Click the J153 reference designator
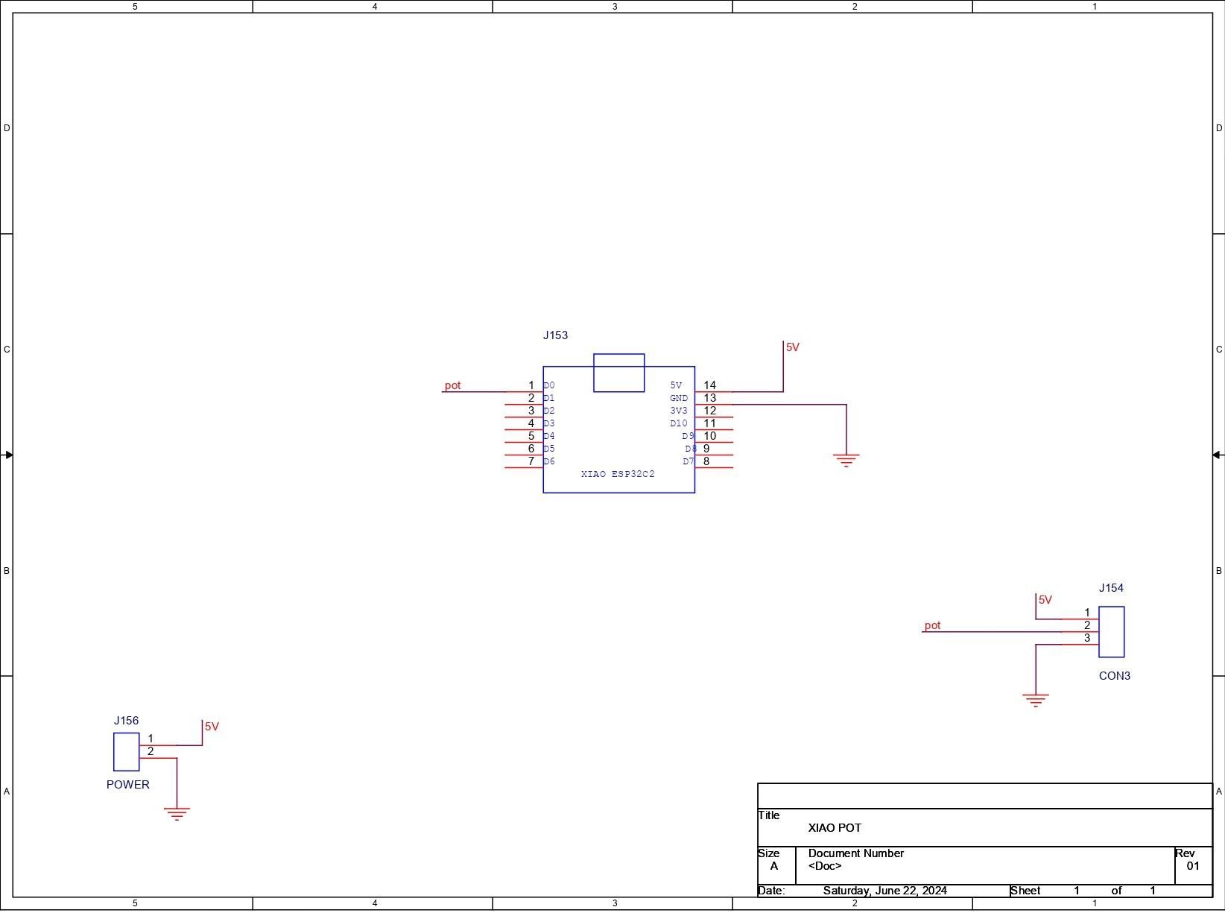(555, 335)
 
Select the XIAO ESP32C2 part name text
(618, 473)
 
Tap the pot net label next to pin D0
(452, 385)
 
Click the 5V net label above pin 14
(793, 347)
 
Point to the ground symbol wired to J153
(846, 460)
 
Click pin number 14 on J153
(709, 385)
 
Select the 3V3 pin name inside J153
(679, 411)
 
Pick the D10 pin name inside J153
(679, 423)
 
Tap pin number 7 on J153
(531, 461)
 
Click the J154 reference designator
(1111, 587)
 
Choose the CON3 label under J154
(1114, 675)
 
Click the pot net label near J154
(932, 625)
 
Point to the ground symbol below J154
(1036, 700)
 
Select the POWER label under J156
(127, 784)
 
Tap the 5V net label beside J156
(212, 726)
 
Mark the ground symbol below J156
(177, 814)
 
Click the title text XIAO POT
(835, 827)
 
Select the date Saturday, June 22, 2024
(884, 891)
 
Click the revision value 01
(1193, 865)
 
